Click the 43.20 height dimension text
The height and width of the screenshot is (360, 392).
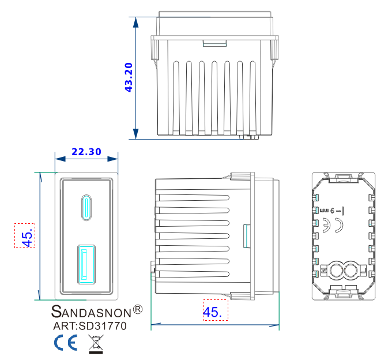coord(129,77)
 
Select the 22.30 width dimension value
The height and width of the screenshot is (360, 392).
coord(86,152)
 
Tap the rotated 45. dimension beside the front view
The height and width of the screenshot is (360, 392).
coord(25,236)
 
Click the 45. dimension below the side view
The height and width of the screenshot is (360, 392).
coord(212,312)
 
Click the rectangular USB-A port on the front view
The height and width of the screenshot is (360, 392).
coord(86,264)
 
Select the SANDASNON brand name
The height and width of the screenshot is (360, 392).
coord(91,312)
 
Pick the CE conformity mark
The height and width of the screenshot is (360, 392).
coord(66,343)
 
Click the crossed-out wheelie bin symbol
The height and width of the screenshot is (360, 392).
coord(95,344)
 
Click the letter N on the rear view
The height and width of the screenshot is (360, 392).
coord(323,270)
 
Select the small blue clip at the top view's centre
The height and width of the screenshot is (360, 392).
coord(214,43)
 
